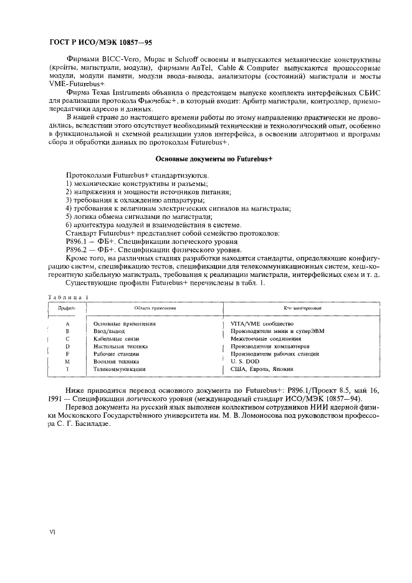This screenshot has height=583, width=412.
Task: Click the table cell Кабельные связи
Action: point(117,339)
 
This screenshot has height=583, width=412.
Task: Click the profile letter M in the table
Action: point(67,361)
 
